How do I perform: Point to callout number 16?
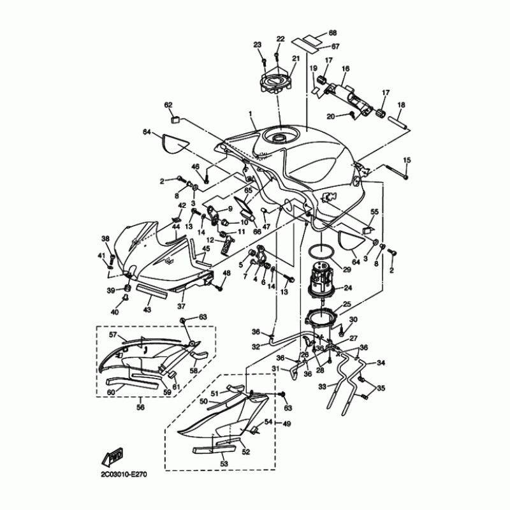[x=346, y=69]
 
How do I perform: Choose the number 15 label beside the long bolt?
[x=407, y=159]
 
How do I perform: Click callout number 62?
[x=169, y=105]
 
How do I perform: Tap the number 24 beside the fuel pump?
[x=348, y=287]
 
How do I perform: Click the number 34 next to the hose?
[x=381, y=363]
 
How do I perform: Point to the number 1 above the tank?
[x=251, y=115]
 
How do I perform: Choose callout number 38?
[x=105, y=238]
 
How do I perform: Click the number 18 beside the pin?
[x=401, y=105]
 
